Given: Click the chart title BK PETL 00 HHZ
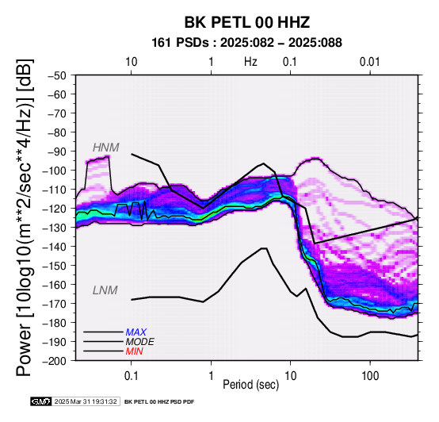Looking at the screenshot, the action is (247, 22).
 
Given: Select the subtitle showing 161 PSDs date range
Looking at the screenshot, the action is (246, 43).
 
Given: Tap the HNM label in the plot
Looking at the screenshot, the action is (106, 148).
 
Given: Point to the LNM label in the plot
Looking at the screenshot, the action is (105, 290).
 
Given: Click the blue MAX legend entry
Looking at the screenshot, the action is (136, 332).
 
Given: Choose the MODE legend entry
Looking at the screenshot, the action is (139, 342).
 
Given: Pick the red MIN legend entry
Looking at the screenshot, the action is (134, 351).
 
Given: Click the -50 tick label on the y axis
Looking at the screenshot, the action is (57, 75).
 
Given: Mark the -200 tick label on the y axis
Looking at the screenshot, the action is (55, 361).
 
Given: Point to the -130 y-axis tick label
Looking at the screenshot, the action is (55, 228).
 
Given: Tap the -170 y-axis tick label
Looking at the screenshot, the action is (55, 304).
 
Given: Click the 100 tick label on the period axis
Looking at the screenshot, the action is (370, 376).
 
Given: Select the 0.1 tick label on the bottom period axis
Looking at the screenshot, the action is (131, 376).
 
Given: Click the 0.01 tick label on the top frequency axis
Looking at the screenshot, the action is (370, 62).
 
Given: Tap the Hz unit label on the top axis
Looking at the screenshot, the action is (250, 62).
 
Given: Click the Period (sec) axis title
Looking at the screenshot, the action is (251, 385).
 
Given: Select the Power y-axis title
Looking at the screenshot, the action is (24, 217).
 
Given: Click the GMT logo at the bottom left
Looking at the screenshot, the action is (41, 401).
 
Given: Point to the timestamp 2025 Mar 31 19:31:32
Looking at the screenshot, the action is (86, 401).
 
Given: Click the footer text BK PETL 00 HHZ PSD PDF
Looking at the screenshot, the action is (159, 402).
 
